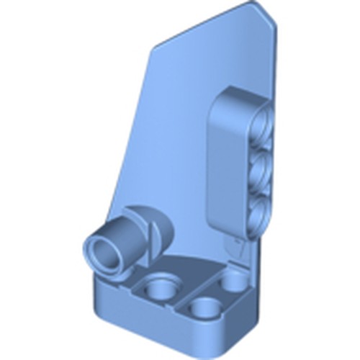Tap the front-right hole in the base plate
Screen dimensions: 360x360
[x=208, y=310]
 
